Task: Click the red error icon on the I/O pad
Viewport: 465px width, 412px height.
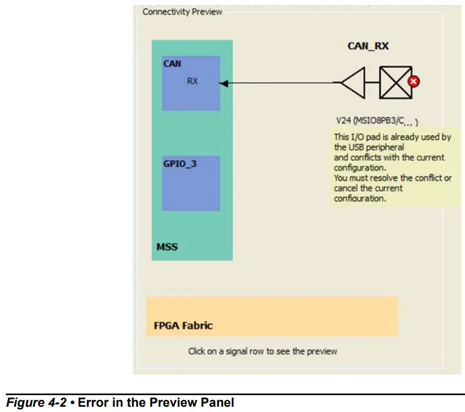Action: tap(414, 82)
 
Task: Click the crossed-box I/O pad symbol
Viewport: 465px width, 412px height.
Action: tap(396, 82)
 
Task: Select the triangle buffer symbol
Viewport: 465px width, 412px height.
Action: tap(353, 82)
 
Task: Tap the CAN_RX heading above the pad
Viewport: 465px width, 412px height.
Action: tap(368, 46)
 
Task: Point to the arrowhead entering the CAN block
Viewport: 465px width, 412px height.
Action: tap(223, 83)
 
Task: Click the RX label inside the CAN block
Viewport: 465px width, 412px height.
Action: tap(192, 81)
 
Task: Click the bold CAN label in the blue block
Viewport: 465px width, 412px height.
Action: tap(172, 64)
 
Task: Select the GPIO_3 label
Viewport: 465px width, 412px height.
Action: tap(180, 164)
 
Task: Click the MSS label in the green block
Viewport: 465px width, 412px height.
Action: tap(167, 246)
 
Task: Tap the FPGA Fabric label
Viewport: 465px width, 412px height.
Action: tap(183, 325)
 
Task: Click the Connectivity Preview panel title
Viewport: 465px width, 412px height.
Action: tap(182, 12)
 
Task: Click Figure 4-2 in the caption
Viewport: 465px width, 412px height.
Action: tap(36, 403)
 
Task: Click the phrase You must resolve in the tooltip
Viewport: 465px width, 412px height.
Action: tap(360, 178)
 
